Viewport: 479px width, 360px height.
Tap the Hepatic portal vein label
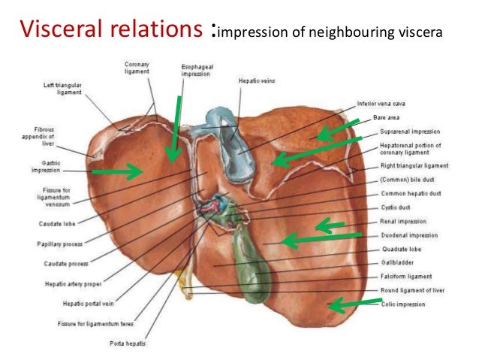click(89, 304)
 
